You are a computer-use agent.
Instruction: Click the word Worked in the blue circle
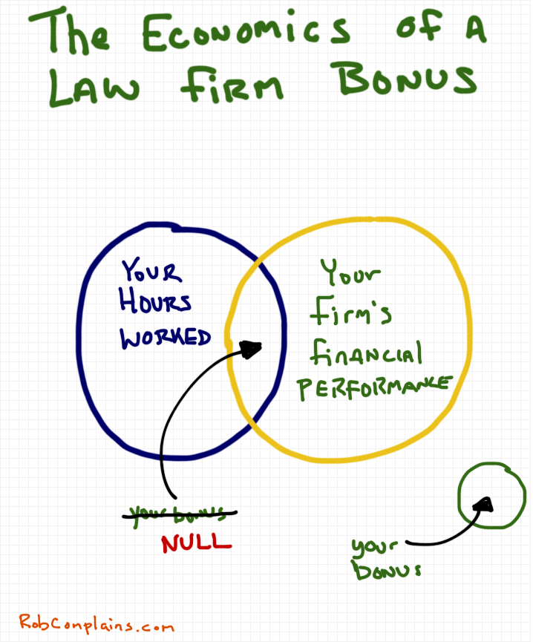[166, 338]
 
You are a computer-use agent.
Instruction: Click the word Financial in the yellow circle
[366, 354]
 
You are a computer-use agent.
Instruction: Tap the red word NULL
[197, 543]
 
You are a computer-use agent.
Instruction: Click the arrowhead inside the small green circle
[484, 505]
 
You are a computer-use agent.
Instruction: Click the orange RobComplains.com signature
[97, 624]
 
